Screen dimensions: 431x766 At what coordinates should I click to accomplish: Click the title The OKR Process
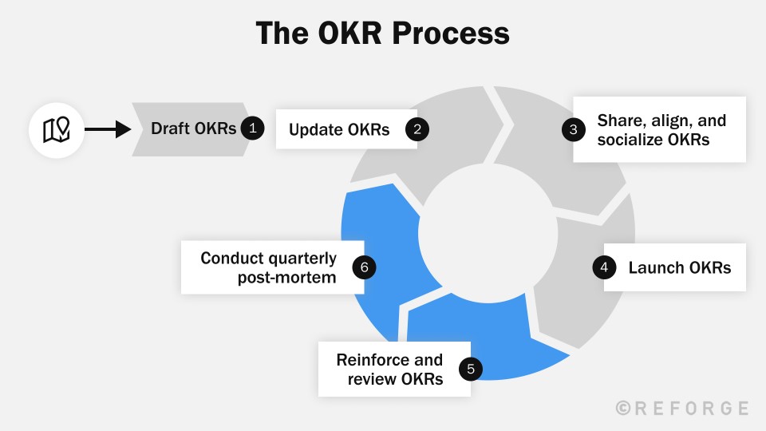382,34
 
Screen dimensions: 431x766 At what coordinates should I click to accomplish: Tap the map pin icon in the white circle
56,129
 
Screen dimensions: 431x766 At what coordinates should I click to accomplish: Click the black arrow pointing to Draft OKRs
107,129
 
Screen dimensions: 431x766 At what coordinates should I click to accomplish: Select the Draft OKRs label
194,129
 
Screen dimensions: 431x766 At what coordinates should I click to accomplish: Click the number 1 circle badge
252,129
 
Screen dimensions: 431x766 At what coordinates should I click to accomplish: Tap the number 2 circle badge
417,129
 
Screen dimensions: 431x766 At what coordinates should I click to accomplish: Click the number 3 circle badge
573,130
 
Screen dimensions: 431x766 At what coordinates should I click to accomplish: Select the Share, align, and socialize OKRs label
661,129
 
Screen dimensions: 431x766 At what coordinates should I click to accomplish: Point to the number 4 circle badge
604,267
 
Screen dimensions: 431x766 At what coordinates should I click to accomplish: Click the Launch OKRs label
679,267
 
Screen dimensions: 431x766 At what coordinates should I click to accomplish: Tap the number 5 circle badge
471,369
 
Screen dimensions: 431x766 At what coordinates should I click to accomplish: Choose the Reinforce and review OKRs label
389,369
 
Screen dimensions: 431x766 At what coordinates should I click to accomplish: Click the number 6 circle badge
364,267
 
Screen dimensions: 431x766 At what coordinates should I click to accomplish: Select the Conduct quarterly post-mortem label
268,267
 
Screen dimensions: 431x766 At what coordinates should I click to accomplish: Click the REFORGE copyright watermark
682,408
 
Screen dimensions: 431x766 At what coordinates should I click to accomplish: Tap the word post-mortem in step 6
286,278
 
